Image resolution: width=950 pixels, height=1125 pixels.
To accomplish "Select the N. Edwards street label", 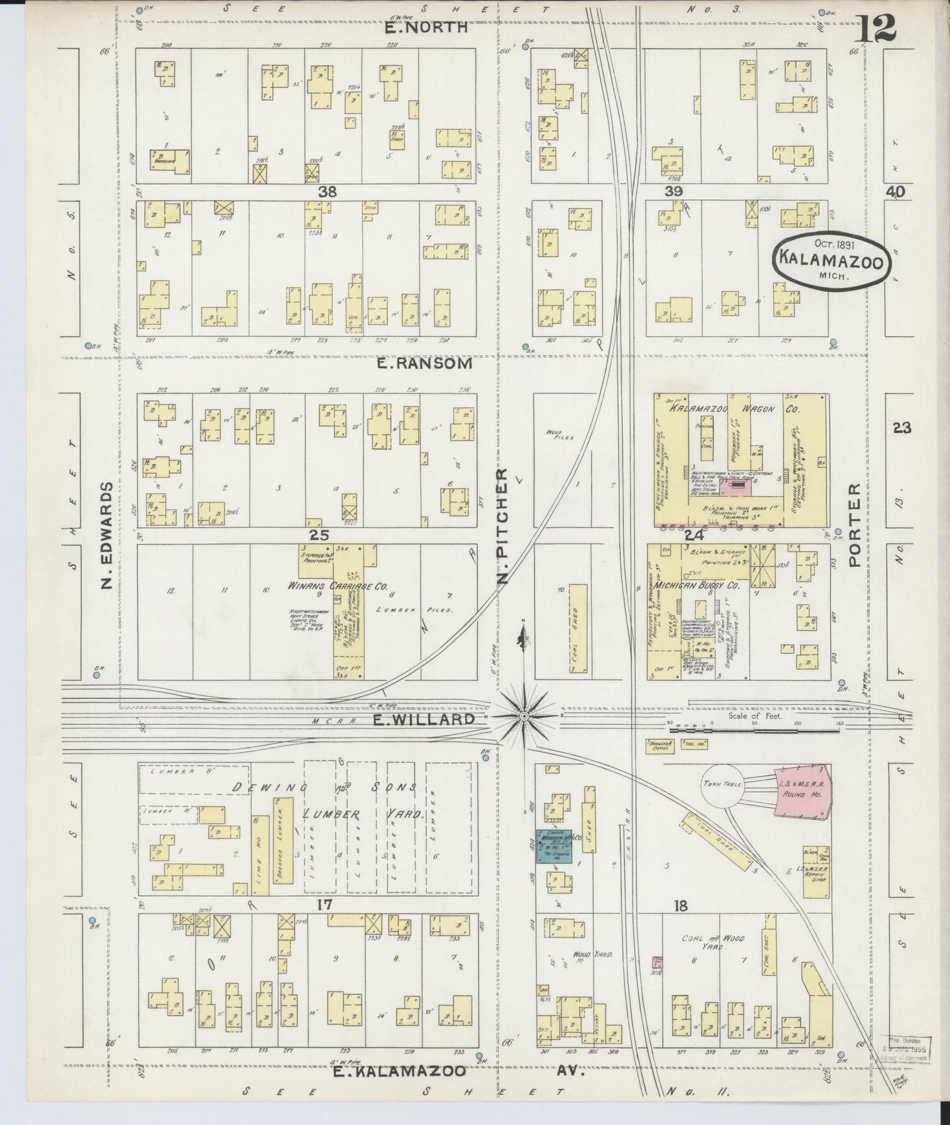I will (108, 536).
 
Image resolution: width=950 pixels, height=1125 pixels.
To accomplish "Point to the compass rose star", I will (524, 714).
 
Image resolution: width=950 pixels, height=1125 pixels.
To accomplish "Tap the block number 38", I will (327, 191).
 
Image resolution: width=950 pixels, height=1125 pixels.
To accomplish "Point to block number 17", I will (323, 905).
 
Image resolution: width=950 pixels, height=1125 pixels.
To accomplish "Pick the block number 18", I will (680, 906).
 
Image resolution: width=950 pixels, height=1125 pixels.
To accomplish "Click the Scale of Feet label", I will (755, 716).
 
